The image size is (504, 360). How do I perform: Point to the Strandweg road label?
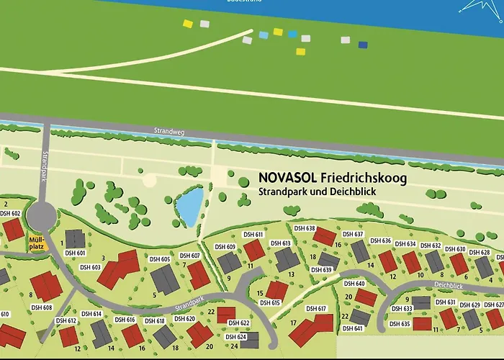point(165,132)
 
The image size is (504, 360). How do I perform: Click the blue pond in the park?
point(189,207)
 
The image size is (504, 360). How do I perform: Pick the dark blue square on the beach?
point(363,45)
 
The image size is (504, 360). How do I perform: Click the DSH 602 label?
point(10,213)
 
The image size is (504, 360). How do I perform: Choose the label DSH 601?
point(76,253)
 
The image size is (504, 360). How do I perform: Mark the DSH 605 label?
point(160,259)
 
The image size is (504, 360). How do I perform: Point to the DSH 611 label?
point(253,235)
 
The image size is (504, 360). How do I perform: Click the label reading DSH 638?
point(305,228)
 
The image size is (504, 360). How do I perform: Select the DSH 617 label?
point(316,308)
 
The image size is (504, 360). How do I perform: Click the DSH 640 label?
point(354,284)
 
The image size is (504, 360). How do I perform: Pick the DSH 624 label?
point(236,337)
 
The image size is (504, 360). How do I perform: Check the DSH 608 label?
point(42,307)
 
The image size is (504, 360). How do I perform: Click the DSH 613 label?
point(280,243)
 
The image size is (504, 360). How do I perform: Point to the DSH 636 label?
point(381,240)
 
